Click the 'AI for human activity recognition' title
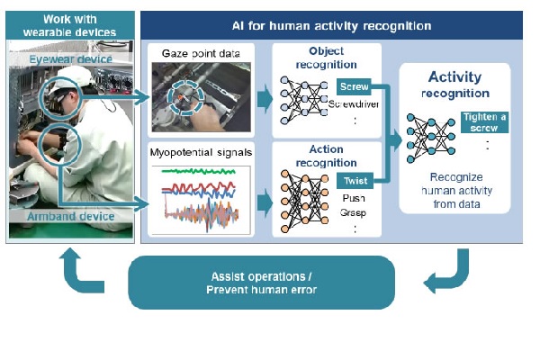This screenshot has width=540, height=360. (331, 26)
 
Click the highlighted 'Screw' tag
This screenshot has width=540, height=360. (350, 86)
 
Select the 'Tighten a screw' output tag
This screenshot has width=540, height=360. (485, 122)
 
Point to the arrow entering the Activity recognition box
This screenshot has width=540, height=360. (393, 139)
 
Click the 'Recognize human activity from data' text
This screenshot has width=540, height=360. (454, 191)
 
